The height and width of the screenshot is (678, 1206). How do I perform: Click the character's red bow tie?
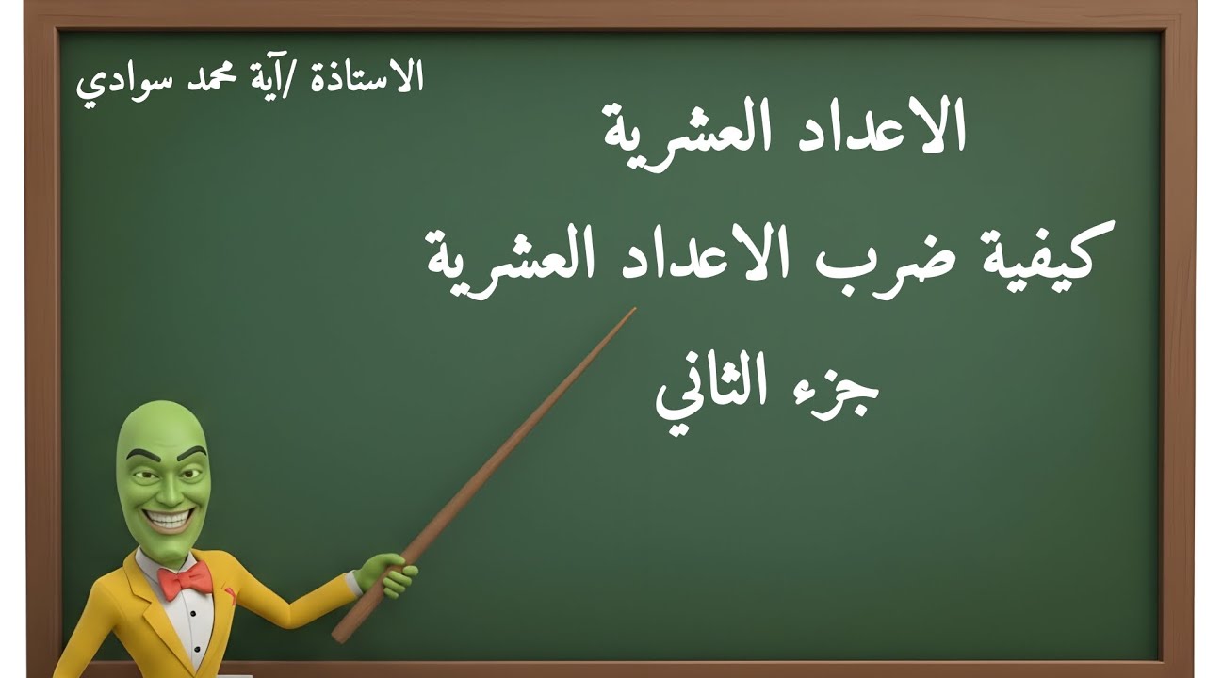pos(186,581)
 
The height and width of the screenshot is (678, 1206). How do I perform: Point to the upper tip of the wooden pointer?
pos(633,310)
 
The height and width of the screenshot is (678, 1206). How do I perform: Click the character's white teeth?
pos(169,519)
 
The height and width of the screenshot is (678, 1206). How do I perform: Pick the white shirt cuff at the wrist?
pos(353,583)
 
